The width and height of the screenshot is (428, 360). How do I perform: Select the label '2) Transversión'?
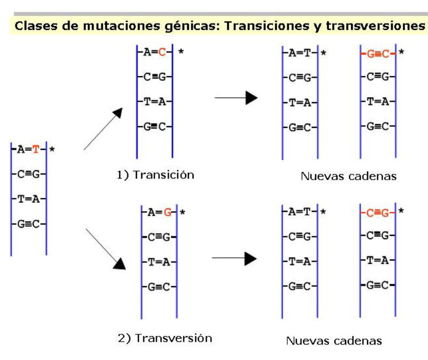point(165,338)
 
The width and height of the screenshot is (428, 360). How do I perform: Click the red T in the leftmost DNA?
point(36,149)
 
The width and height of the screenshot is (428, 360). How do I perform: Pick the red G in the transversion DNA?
point(167,212)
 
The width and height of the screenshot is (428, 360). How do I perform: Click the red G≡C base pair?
point(378,53)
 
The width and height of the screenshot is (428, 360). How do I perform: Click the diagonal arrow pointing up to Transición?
point(103,128)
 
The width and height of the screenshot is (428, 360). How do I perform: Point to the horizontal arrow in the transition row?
point(236,98)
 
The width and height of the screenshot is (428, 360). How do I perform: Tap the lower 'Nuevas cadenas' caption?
point(334,340)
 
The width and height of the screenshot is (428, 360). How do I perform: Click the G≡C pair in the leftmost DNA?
point(28,224)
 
